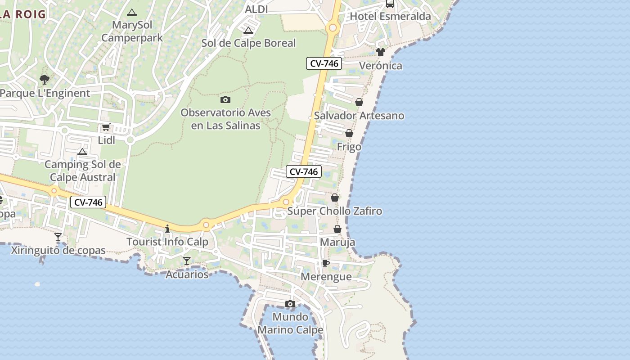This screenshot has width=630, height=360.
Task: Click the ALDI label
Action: tap(256, 9)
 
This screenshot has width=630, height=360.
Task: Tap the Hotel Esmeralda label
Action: tap(390, 17)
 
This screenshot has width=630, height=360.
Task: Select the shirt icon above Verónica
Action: tap(381, 52)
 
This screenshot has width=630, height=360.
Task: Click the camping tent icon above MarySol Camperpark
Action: tap(131, 12)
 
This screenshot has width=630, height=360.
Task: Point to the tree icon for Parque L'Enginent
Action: tap(44, 80)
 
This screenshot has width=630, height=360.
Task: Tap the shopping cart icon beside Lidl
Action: tap(106, 127)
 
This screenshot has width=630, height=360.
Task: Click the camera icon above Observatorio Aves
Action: tap(225, 99)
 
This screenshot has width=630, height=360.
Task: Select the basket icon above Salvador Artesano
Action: tap(359, 103)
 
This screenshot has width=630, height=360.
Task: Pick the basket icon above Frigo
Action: tap(349, 134)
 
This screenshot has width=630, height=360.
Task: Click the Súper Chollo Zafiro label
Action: tap(334, 211)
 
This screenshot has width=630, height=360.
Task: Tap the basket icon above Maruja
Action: tap(337, 229)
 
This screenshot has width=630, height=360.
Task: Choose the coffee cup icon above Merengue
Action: tap(326, 263)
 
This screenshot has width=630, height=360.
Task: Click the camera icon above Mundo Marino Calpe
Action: tap(290, 304)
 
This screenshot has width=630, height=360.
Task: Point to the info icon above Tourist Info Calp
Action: tap(167, 229)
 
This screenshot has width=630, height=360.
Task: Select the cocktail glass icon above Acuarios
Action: tap(187, 261)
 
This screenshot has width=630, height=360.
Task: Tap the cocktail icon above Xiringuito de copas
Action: tap(58, 237)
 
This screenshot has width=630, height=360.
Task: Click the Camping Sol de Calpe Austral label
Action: tap(82, 171)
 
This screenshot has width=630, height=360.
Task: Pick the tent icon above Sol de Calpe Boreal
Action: tap(248, 31)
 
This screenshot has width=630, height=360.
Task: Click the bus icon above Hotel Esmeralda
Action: tap(390, 4)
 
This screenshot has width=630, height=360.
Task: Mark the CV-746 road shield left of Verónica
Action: tap(324, 63)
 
